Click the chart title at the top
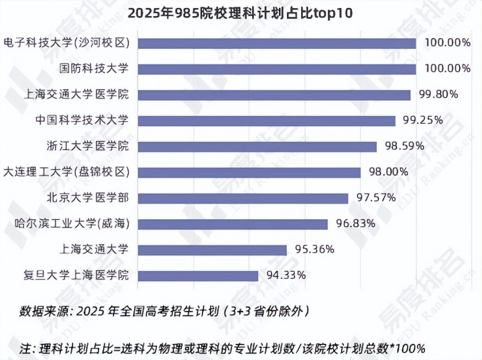[240, 13]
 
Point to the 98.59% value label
[405, 146]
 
